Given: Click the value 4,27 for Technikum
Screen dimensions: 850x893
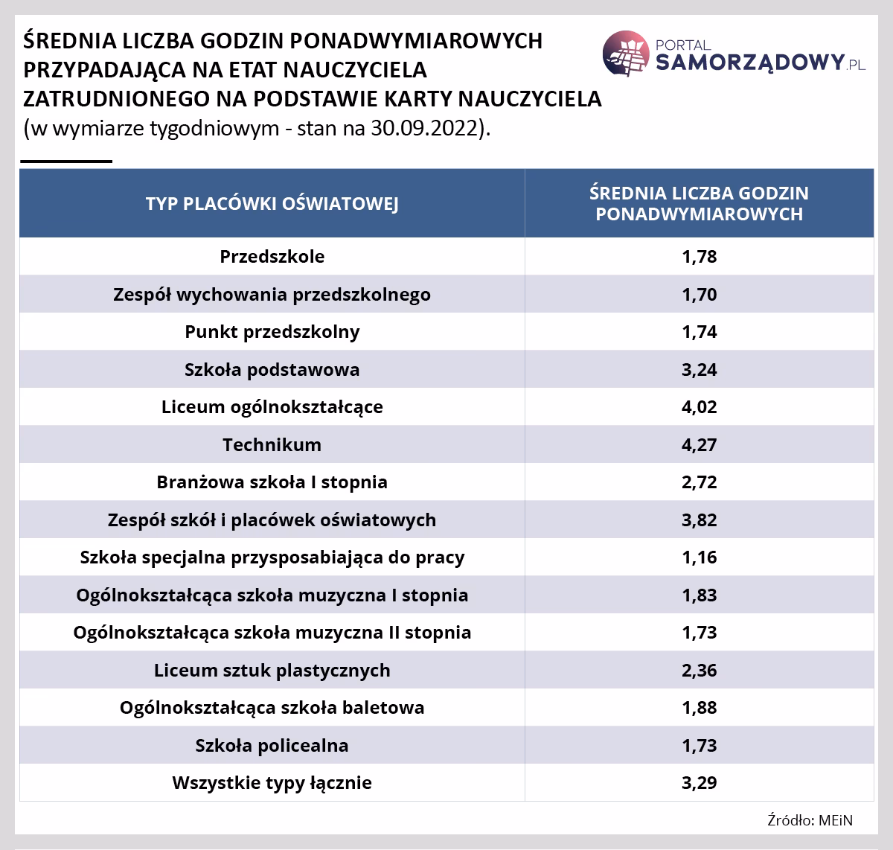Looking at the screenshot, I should [x=699, y=445].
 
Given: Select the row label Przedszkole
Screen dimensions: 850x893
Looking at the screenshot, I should [x=272, y=257].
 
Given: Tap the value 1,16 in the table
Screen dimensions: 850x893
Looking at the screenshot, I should [x=699, y=557].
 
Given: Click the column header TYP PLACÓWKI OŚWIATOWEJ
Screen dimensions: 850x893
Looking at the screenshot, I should [x=272, y=203].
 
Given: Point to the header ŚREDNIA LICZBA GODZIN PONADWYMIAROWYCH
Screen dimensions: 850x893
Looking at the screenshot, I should [x=699, y=203].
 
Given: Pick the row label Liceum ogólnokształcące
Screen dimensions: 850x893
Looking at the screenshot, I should [x=272, y=407].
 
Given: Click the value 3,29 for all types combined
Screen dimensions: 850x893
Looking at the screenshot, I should [x=699, y=783].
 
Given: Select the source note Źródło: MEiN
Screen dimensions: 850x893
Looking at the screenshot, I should [x=810, y=820].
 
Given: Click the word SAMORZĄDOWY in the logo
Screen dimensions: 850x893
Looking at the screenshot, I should [x=749, y=63].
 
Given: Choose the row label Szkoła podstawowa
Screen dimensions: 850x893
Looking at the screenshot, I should [x=272, y=369].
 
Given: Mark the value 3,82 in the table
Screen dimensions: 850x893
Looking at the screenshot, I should [x=699, y=520].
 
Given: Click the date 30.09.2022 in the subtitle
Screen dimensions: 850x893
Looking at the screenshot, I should [x=431, y=127].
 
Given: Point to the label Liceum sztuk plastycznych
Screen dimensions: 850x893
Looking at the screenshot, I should [x=272, y=671].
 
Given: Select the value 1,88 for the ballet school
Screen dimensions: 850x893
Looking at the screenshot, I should [x=699, y=708].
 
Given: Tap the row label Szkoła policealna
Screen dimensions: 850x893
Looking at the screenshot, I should [x=272, y=746].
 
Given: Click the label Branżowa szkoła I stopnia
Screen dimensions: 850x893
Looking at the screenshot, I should [x=272, y=482].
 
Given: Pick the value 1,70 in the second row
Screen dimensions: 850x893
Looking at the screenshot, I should [x=699, y=295].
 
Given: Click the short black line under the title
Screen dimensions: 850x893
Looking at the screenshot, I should [x=66, y=161].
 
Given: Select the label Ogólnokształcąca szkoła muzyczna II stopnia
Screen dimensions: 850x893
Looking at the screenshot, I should [x=272, y=633].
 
